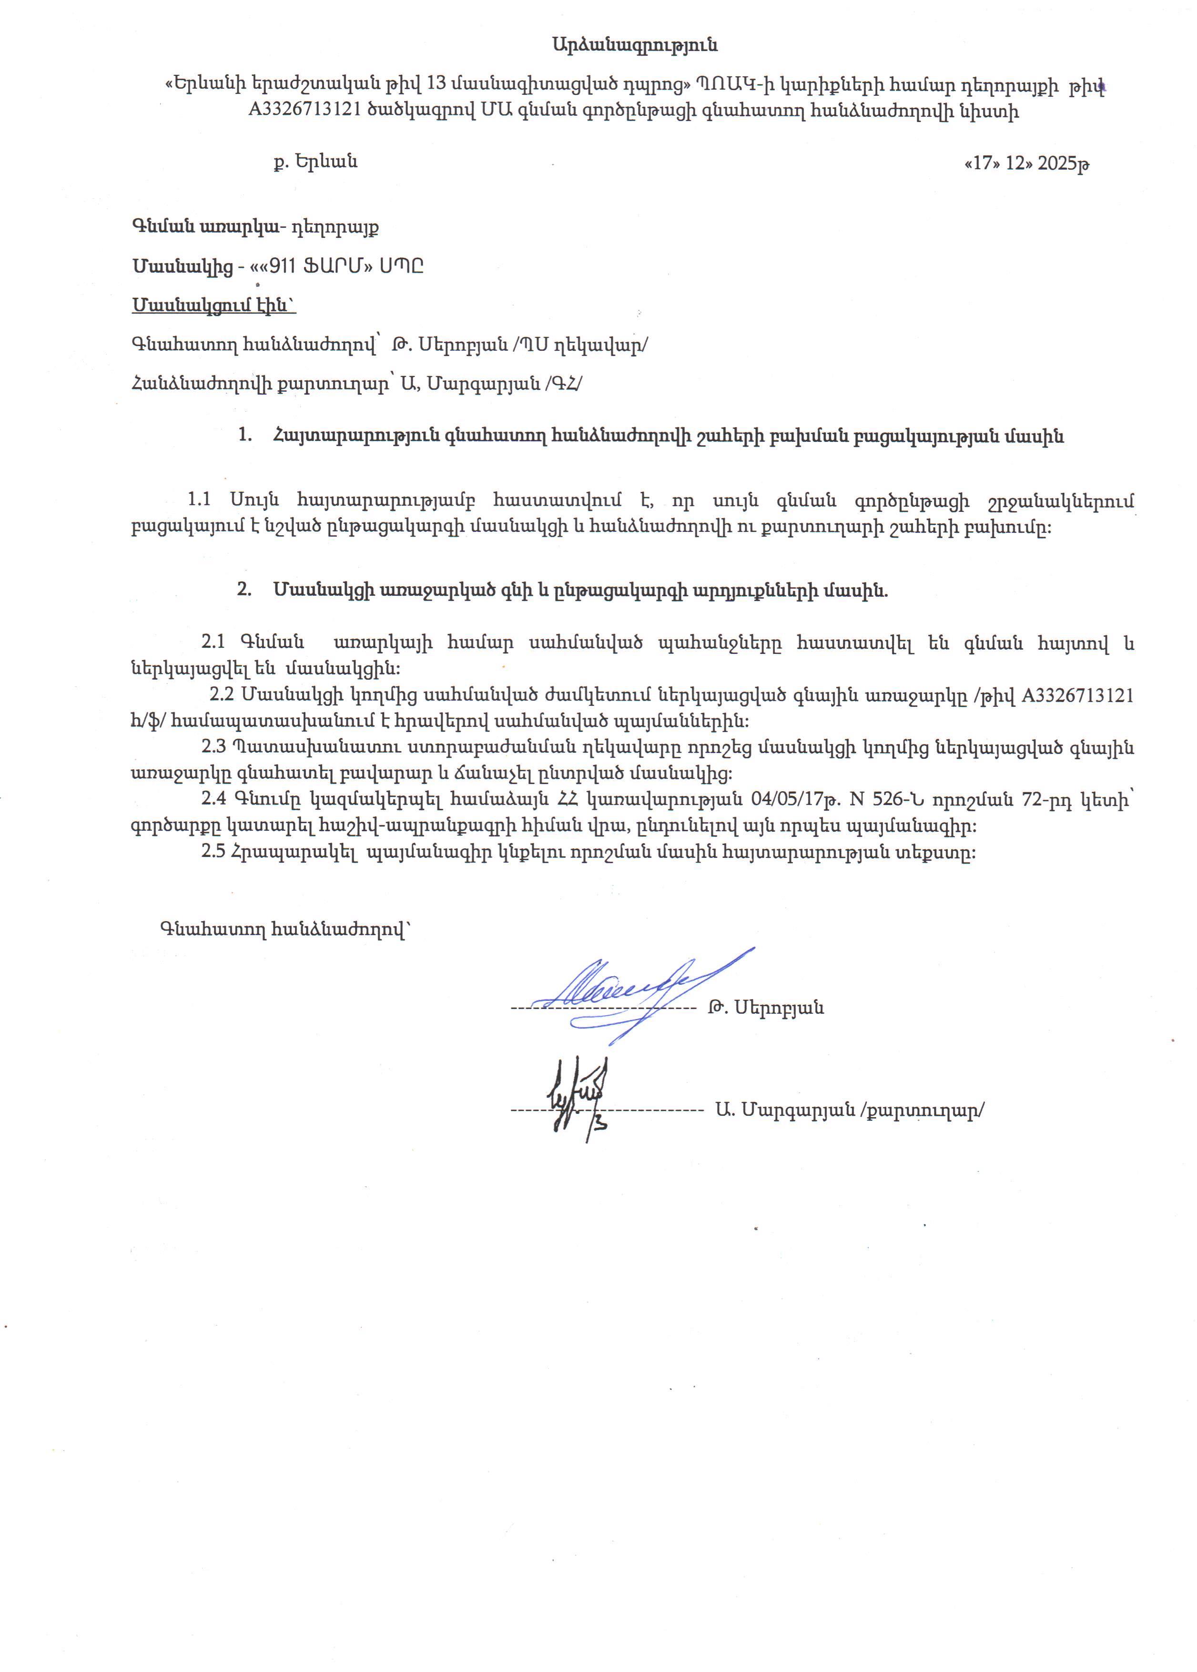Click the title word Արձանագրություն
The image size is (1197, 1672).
(x=635, y=45)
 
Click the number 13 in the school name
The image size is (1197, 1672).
(x=437, y=84)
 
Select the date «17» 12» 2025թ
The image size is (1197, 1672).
(x=1027, y=163)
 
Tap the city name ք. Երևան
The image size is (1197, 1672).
(x=315, y=162)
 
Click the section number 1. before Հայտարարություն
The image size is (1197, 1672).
(x=245, y=436)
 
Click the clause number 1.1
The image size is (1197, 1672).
(x=199, y=500)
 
